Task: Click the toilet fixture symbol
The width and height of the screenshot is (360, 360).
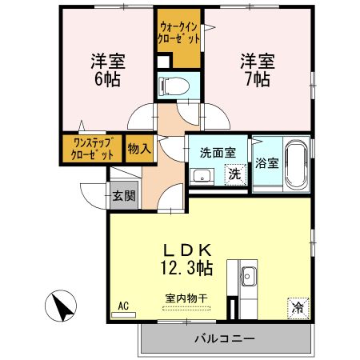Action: click(174, 85)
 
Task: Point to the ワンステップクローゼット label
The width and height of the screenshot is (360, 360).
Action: click(91, 149)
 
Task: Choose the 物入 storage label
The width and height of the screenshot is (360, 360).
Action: click(138, 150)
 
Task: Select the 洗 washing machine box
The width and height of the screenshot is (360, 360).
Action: click(234, 174)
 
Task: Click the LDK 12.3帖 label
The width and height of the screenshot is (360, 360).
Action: click(190, 256)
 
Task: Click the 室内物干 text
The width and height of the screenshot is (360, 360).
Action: click(186, 298)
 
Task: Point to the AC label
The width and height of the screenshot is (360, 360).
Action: click(123, 306)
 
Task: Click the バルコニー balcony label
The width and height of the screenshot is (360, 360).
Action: click(225, 339)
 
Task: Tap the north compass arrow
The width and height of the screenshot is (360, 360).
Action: click(62, 307)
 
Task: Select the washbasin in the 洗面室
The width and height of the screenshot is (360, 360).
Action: click(198, 174)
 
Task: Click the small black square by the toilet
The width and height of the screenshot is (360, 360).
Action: click(162, 62)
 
